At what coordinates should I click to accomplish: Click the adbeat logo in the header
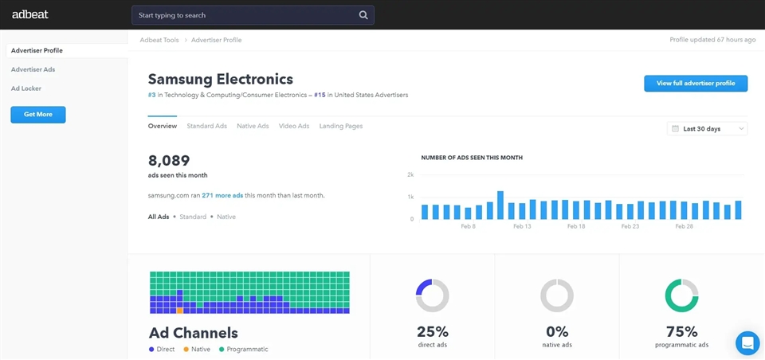pos(28,14)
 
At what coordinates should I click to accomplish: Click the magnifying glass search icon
pos(363,15)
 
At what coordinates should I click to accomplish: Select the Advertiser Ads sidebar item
pos(33,69)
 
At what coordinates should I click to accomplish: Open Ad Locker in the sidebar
pos(26,88)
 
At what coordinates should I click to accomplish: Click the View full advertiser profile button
pos(696,83)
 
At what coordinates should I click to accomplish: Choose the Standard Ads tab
pos(206,126)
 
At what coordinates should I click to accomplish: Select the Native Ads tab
pos(253,126)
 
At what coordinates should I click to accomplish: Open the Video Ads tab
pos(294,126)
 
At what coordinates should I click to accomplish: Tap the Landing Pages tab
pos(341,126)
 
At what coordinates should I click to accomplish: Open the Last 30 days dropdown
pos(707,128)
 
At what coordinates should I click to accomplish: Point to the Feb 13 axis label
pos(522,227)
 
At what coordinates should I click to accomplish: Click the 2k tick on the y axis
pos(410,174)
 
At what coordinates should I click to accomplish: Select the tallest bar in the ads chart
pos(500,205)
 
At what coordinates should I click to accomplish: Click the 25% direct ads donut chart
pos(432,295)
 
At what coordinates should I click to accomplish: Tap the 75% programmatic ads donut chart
pos(681,295)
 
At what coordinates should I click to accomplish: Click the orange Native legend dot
pos(186,349)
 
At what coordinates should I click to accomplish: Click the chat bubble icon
pos(747,342)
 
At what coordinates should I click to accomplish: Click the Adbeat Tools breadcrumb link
pos(159,40)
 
